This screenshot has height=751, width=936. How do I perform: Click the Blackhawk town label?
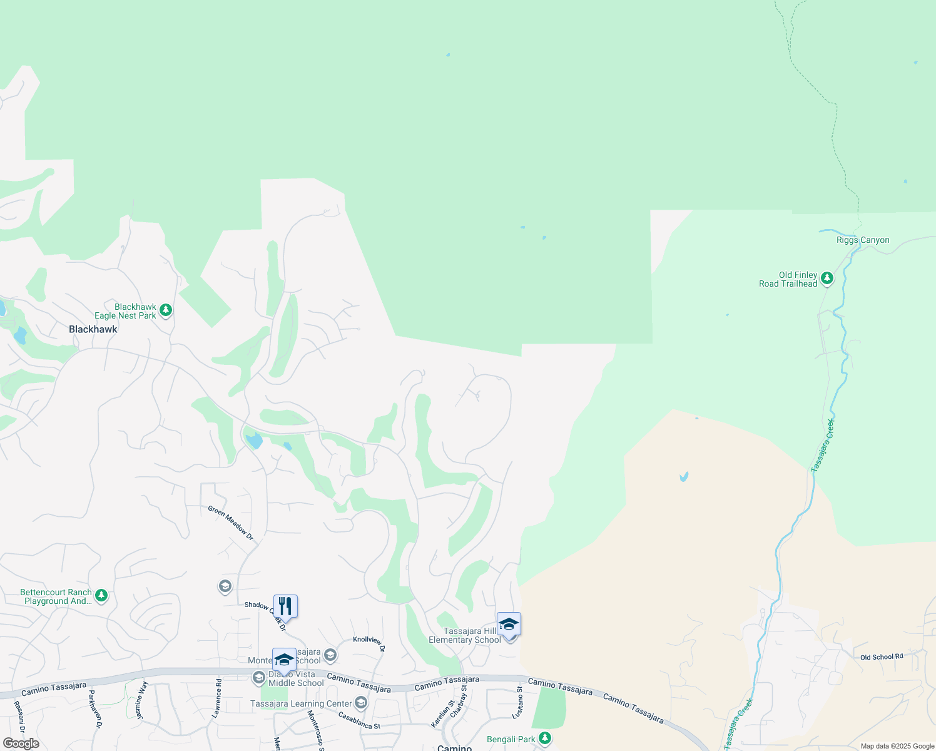tap(93, 329)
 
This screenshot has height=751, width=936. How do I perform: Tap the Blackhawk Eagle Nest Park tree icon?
tap(166, 310)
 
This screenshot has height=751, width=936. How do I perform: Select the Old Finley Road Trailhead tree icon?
tap(827, 278)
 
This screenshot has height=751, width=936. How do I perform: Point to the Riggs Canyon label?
tap(863, 240)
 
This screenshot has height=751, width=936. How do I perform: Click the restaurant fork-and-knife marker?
tap(285, 606)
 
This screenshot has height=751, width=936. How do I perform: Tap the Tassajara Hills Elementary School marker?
tap(509, 625)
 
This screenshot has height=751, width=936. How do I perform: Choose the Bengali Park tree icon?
tap(545, 738)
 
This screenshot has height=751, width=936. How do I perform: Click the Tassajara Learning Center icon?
tap(360, 703)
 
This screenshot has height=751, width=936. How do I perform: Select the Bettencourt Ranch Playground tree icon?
tap(101, 596)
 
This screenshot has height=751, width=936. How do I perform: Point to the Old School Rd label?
tap(882, 656)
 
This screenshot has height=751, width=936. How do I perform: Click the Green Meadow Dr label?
tap(231, 523)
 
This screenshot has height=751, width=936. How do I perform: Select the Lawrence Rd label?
tap(218, 697)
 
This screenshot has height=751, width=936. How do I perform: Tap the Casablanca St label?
tap(359, 720)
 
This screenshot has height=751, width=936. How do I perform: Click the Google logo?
tap(21, 743)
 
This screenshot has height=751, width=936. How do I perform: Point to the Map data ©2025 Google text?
tap(897, 746)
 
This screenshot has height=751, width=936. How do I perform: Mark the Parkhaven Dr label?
tap(94, 708)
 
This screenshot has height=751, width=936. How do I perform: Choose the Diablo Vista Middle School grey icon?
tap(258, 678)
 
